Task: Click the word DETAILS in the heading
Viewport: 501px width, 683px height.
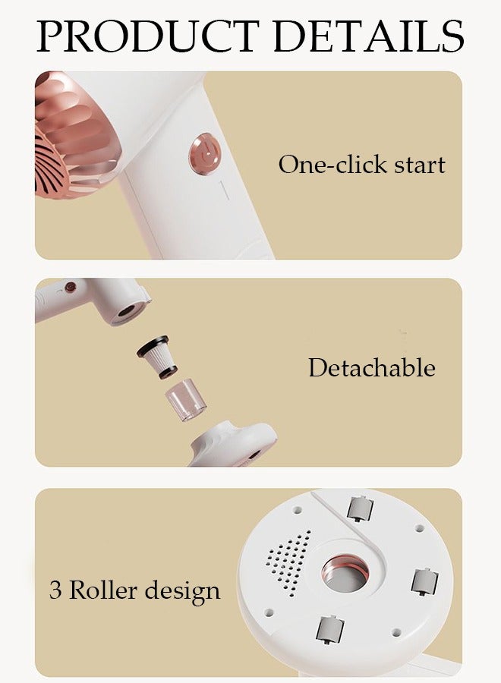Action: (x=369, y=36)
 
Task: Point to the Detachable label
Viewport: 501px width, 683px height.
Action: (x=371, y=368)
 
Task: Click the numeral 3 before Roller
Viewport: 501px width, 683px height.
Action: (x=55, y=590)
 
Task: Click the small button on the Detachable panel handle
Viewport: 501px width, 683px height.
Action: (x=71, y=288)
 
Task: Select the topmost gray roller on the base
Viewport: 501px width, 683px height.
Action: (x=360, y=507)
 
